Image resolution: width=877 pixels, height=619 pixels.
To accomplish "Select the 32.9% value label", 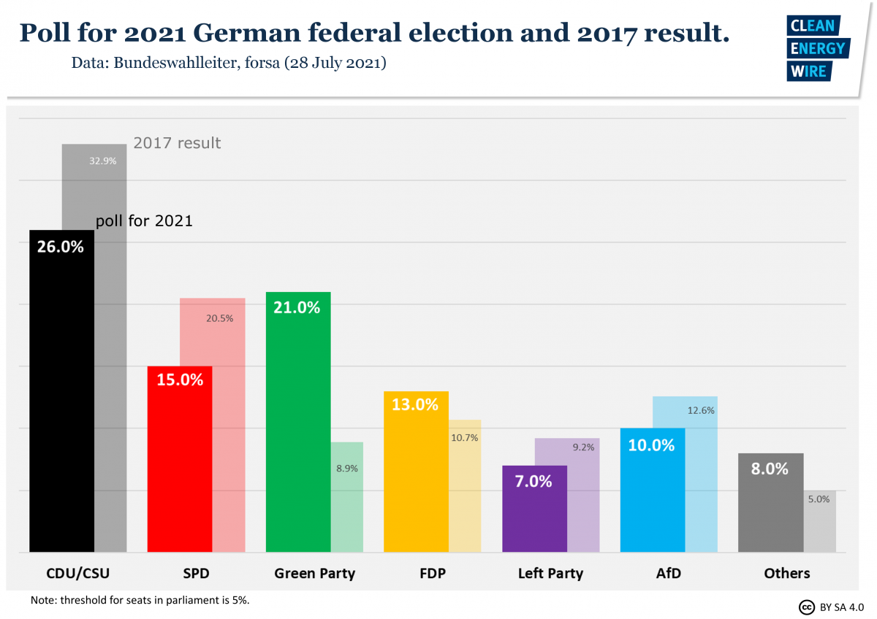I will coord(102,161).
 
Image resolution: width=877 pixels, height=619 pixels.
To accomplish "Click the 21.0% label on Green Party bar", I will coord(297,307).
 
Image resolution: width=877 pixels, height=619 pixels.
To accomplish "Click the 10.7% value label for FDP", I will coord(465,438).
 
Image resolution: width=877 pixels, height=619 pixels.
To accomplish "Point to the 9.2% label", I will coord(583,447).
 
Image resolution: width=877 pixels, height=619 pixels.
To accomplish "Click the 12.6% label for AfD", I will coord(701,410).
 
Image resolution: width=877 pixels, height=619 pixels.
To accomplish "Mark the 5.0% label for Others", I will coord(819,499).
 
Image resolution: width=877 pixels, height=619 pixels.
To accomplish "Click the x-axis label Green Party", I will coord(314,573).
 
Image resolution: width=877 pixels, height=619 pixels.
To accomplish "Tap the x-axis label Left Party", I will coord(550,573).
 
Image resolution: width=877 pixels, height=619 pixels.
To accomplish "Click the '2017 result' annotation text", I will coord(177,143).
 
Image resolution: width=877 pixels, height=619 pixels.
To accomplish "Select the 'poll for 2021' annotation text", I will coord(145,220).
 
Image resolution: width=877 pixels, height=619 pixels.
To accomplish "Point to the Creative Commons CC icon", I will coord(807,607).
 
